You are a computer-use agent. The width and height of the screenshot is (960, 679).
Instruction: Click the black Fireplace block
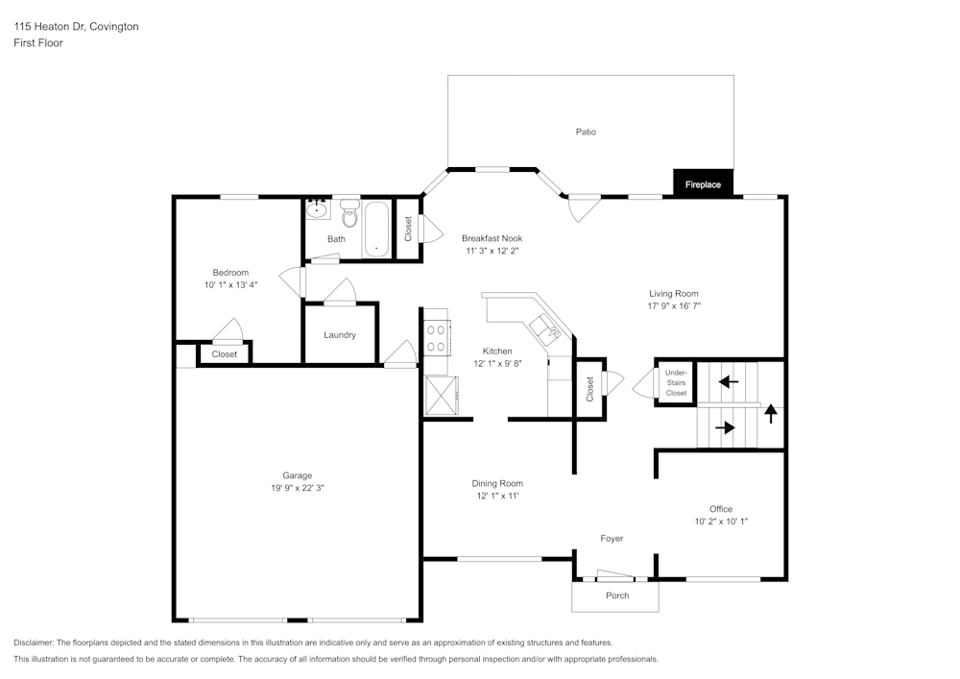(703, 183)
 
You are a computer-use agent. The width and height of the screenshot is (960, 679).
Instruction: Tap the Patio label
(586, 132)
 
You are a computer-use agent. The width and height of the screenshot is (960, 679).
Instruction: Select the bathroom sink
(317, 208)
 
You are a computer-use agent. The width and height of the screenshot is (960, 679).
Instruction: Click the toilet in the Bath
(349, 216)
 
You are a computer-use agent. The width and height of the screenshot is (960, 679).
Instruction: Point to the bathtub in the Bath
(376, 229)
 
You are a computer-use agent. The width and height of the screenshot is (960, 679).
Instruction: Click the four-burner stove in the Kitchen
(436, 337)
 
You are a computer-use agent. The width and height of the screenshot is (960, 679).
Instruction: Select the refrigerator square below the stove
(442, 395)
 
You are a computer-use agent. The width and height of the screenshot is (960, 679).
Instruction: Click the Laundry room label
(340, 335)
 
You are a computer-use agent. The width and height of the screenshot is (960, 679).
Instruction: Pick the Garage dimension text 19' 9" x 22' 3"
(298, 488)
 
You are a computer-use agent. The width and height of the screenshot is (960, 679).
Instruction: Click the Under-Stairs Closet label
(676, 382)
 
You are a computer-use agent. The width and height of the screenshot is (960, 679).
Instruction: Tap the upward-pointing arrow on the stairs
(771, 414)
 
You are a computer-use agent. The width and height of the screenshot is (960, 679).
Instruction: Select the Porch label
(617, 595)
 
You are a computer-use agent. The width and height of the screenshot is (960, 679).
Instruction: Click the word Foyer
(612, 539)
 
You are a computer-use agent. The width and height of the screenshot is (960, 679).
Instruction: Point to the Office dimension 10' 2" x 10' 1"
(721, 521)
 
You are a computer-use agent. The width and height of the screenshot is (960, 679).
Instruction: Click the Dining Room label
(497, 483)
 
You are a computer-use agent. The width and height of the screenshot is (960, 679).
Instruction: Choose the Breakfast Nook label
(492, 238)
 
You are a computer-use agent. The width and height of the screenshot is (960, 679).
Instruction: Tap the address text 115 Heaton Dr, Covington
(76, 27)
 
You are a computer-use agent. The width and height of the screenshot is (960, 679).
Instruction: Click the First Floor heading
(38, 43)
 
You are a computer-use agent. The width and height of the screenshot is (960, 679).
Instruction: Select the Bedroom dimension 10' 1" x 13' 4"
(231, 284)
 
